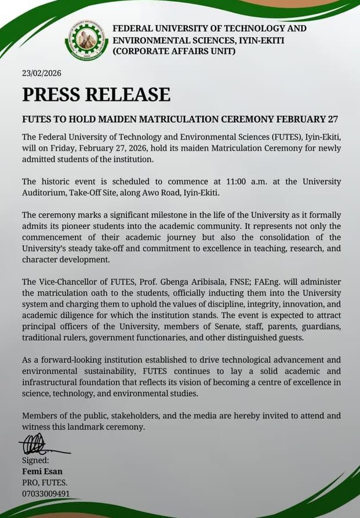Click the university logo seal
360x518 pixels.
tap(86, 40)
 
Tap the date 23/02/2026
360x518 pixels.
tap(41, 74)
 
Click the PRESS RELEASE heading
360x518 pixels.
tap(96, 94)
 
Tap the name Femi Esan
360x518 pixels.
tap(42, 472)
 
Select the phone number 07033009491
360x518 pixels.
tap(46, 494)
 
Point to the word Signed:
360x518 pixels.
tap(36, 461)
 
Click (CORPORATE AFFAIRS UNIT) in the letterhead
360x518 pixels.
tap(174, 52)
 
